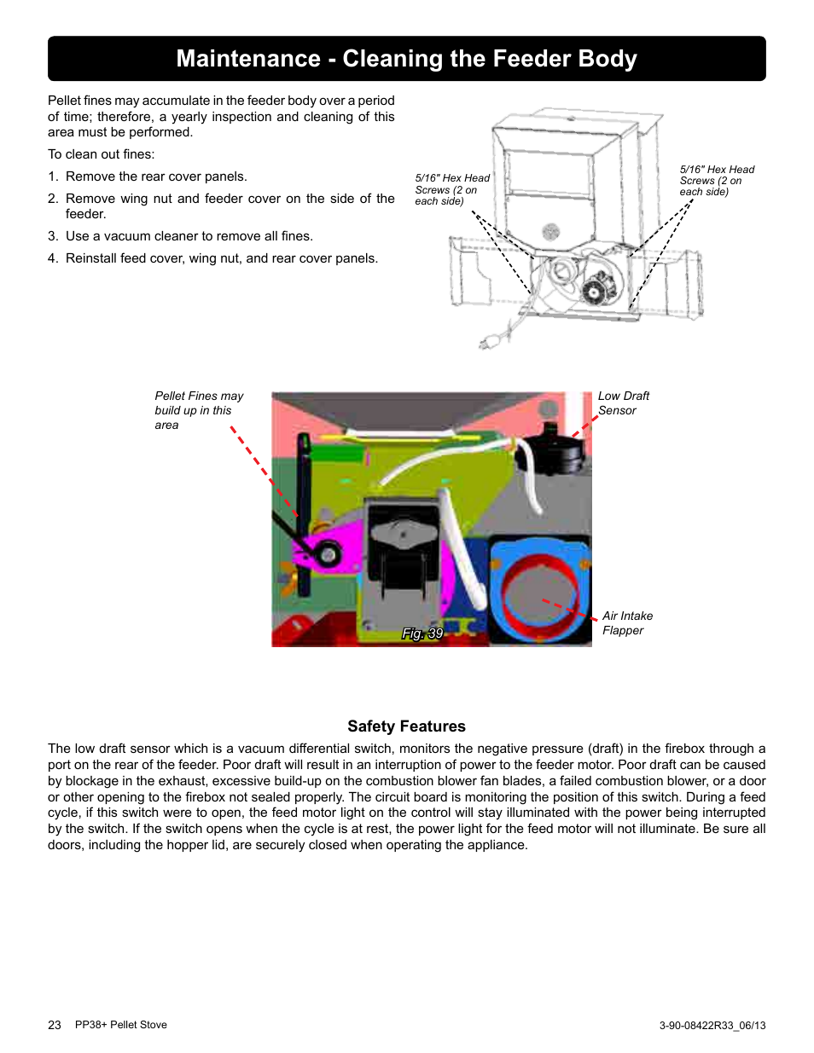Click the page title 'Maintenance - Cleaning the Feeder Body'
point(406,59)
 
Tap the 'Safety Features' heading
point(406,726)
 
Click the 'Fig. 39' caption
point(422,634)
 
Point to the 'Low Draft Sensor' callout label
point(623,403)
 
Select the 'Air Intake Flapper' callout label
point(627,623)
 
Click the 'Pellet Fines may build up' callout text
point(198,410)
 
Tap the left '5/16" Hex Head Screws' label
point(451,189)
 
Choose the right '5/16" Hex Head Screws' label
point(716,181)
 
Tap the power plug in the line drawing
point(490,342)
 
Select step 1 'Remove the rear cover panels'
point(156,176)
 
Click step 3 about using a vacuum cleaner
point(189,236)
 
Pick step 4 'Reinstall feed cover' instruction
point(221,258)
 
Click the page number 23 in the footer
point(55,1025)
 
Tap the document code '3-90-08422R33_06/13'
point(712,1026)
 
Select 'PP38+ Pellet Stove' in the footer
point(121,1025)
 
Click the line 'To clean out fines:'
point(102,154)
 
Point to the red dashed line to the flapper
point(569,609)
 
